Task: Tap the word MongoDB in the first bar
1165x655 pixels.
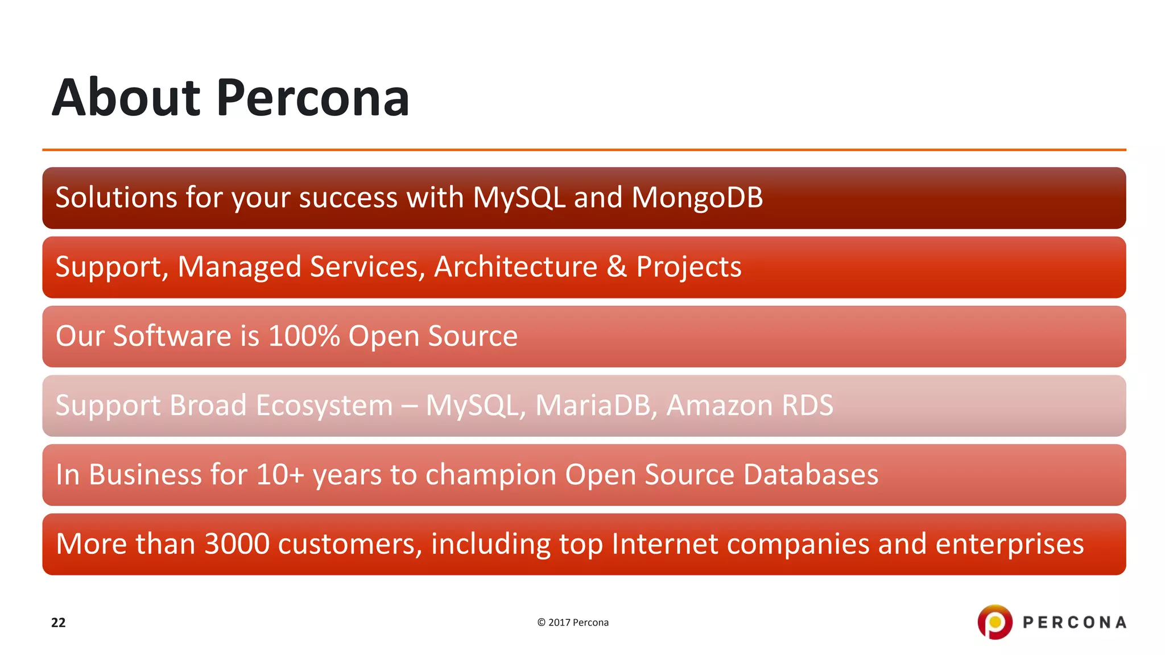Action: pyautogui.click(x=697, y=198)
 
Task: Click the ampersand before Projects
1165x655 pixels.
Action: pyautogui.click(x=617, y=267)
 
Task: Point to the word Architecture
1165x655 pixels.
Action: pyautogui.click(x=515, y=267)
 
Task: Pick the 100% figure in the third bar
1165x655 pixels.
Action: pyautogui.click(x=304, y=336)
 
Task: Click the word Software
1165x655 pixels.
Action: pyautogui.click(x=172, y=336)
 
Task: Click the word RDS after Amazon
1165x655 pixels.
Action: pyautogui.click(x=807, y=405)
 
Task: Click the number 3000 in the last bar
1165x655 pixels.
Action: pyautogui.click(x=237, y=544)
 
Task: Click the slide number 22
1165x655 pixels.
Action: pyautogui.click(x=58, y=623)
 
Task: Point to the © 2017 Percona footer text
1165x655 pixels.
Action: pyautogui.click(x=573, y=623)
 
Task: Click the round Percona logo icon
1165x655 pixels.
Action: pyautogui.click(x=994, y=622)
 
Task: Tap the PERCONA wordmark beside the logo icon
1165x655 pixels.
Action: pyautogui.click(x=1074, y=623)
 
